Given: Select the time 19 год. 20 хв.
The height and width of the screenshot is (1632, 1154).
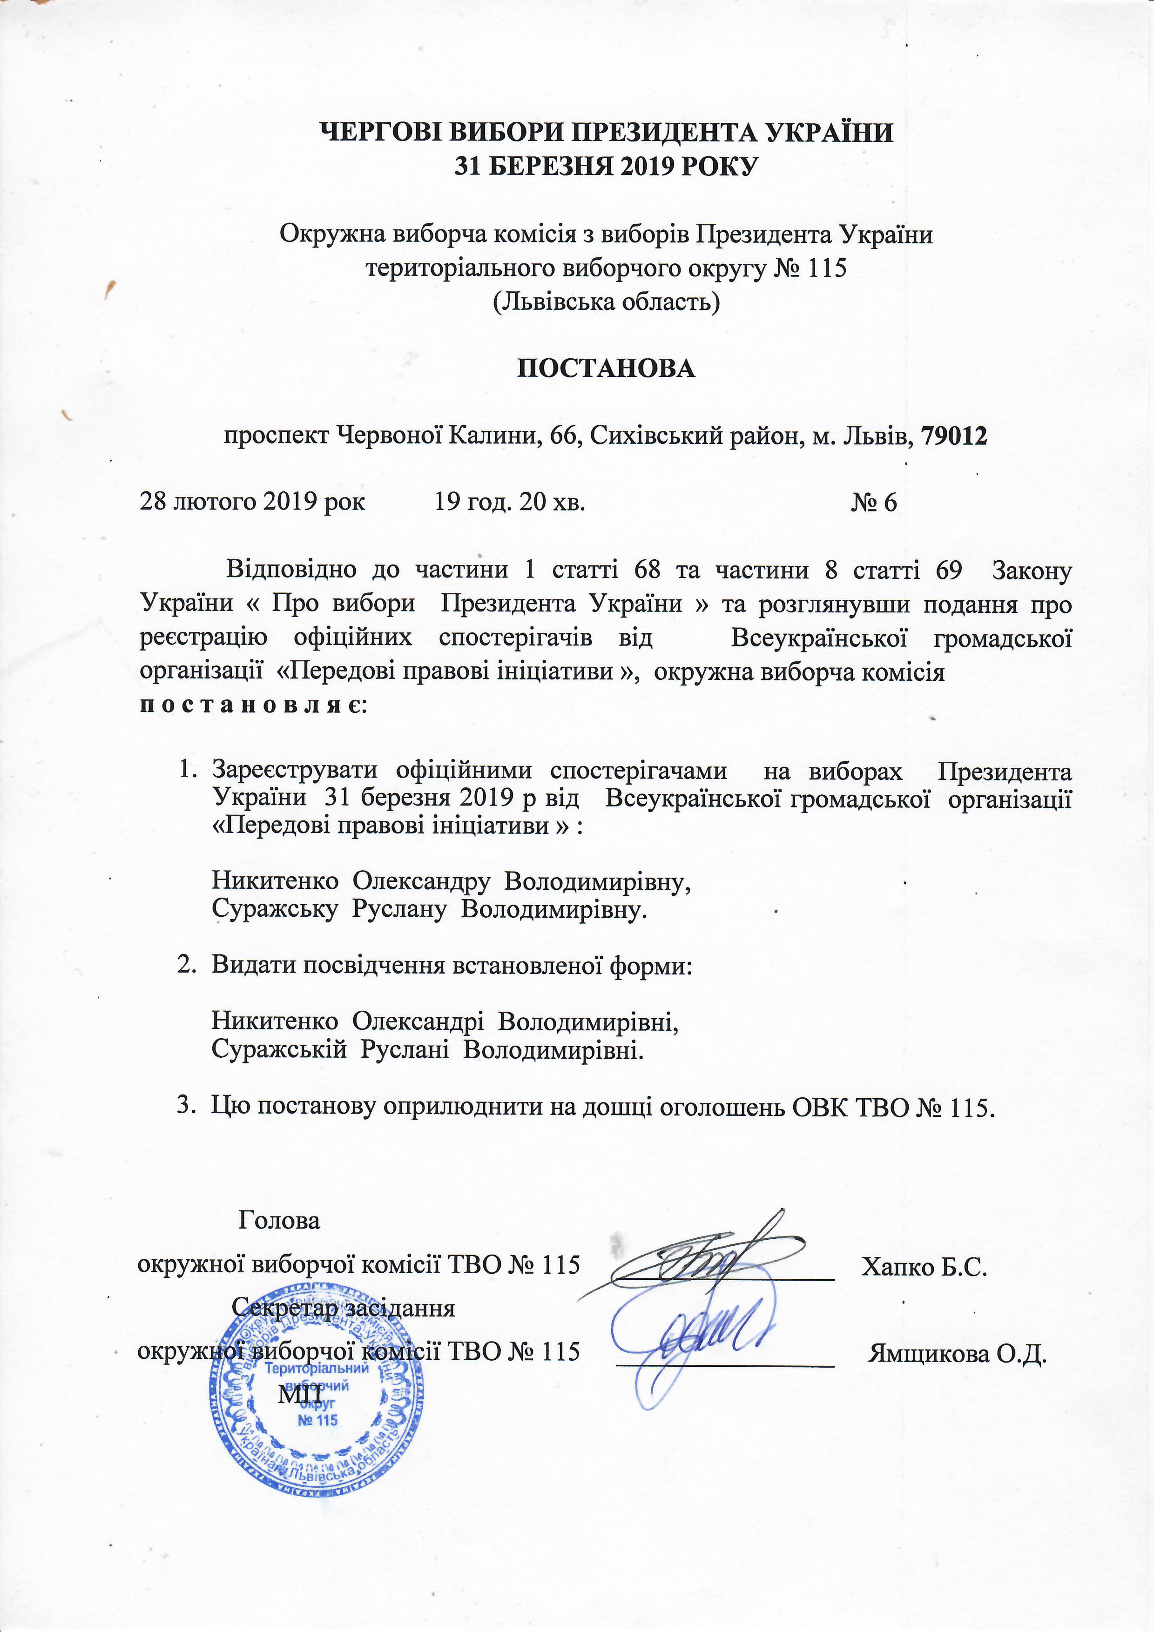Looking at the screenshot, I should [x=510, y=503].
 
